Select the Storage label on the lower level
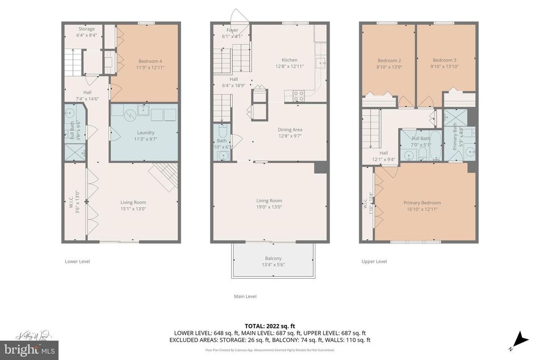(86, 29)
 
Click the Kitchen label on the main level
(290, 60)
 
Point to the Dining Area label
(290, 129)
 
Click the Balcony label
(273, 258)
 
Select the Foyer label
(233, 30)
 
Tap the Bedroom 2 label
(389, 60)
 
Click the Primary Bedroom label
(422, 202)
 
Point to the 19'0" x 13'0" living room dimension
(269, 207)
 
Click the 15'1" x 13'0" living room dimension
(133, 209)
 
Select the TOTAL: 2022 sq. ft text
(269, 326)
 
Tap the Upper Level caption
(374, 261)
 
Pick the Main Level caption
(245, 296)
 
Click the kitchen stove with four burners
(298, 96)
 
